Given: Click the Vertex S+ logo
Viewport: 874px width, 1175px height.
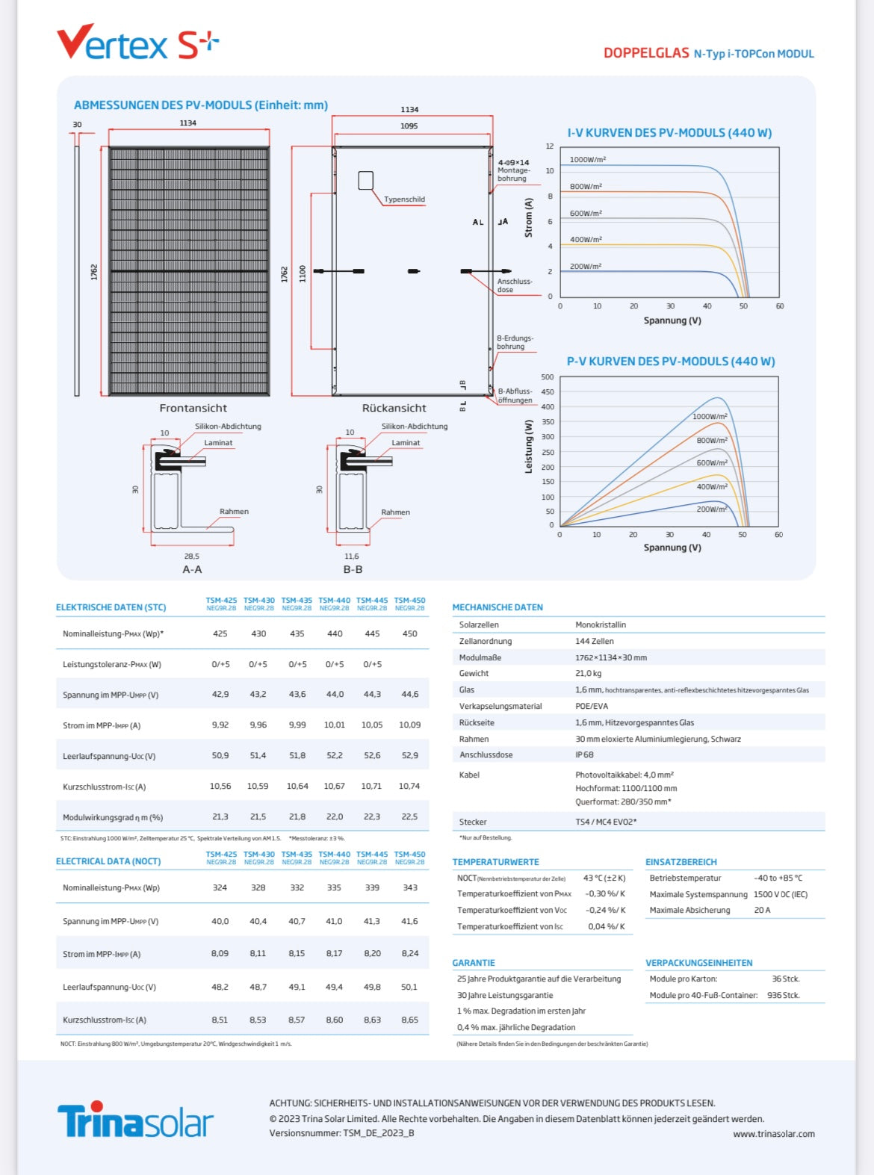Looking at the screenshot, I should (137, 43).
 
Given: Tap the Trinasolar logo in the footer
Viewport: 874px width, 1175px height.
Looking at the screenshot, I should (135, 1120).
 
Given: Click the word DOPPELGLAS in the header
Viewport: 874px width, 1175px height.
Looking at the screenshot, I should (646, 53).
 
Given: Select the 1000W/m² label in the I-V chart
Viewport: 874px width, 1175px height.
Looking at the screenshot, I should (587, 160).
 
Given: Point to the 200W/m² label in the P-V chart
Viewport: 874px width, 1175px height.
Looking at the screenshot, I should (711, 509).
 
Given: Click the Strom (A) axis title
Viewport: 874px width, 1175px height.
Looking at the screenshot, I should (529, 218).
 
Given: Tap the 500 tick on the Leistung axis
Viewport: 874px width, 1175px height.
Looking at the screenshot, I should (548, 377).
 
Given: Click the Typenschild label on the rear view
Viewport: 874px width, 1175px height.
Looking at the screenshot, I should (404, 199).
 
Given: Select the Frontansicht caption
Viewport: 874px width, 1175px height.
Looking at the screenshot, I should (193, 408).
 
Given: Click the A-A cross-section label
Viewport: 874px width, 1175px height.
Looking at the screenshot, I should (192, 569).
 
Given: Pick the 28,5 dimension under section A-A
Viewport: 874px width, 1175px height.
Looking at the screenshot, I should (191, 557).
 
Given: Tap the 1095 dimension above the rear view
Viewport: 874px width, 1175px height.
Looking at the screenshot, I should (409, 126).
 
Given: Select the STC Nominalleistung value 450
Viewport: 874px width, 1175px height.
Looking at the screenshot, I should (409, 633).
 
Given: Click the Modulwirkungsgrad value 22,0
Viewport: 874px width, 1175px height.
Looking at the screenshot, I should (334, 816).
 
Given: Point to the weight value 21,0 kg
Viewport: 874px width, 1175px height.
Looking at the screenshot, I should (588, 674).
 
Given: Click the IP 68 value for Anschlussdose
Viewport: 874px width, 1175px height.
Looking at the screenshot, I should (584, 755).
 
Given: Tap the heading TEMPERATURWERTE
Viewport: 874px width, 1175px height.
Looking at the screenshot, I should (495, 862).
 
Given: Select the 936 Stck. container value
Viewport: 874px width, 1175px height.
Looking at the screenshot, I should (783, 995).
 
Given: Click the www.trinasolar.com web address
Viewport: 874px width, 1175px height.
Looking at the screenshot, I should (773, 1134).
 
